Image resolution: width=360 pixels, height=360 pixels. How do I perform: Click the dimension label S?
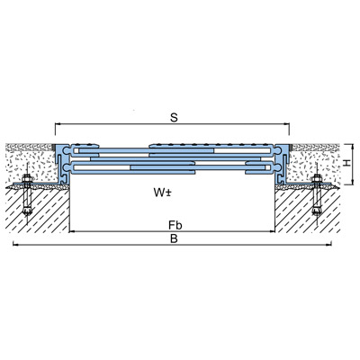coord(174,118)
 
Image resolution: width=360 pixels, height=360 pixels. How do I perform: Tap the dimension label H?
coord(347,163)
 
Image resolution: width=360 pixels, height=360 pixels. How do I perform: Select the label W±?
coord(162,193)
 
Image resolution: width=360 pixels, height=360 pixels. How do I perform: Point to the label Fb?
coord(175,225)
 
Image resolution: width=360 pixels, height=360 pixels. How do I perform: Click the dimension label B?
coord(174,238)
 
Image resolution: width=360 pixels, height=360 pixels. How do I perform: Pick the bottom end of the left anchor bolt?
coord(27,214)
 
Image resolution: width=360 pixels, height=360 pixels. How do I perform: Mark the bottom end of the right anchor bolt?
coord(316,213)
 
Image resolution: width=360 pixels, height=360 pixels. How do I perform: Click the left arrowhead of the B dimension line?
coord(14,245)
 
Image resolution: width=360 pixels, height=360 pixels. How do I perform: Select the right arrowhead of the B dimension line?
coord(329,245)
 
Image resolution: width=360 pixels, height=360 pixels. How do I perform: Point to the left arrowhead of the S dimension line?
coord(57,123)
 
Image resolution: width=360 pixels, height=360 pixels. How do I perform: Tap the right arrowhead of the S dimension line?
coord(287,123)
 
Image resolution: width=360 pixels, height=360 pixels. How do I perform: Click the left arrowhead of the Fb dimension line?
coord(71,231)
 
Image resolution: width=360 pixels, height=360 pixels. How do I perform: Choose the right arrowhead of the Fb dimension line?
coord(273,231)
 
